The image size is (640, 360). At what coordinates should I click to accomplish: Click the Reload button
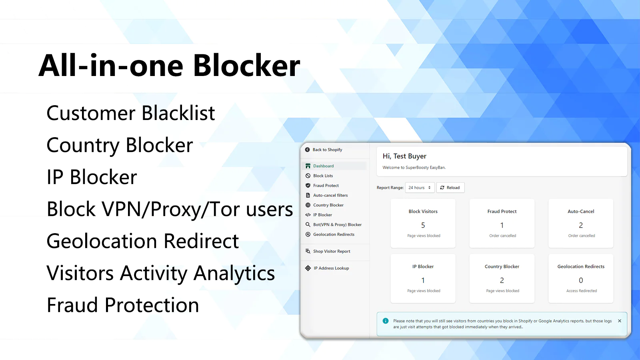pyautogui.click(x=450, y=188)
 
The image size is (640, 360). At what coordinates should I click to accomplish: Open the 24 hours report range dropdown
pyautogui.click(x=420, y=188)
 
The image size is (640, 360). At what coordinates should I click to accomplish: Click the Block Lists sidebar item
pyautogui.click(x=323, y=176)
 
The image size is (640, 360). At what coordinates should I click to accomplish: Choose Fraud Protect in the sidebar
pyautogui.click(x=326, y=186)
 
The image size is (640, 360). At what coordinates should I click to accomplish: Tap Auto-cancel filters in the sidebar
pyautogui.click(x=330, y=195)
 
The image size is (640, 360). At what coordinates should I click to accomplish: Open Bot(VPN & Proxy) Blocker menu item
pyautogui.click(x=337, y=224)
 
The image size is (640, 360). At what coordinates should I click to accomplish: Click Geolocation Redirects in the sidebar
pyautogui.click(x=334, y=234)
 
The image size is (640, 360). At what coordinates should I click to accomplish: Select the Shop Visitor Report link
pyautogui.click(x=332, y=251)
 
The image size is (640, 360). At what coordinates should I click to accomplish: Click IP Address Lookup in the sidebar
pyautogui.click(x=331, y=268)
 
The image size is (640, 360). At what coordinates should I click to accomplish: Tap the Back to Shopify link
pyautogui.click(x=327, y=150)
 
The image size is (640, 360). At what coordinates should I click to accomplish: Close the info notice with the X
pyautogui.click(x=620, y=321)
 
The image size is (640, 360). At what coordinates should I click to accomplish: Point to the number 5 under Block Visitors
pyautogui.click(x=423, y=225)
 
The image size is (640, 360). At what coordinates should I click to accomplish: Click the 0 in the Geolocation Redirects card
pyautogui.click(x=581, y=280)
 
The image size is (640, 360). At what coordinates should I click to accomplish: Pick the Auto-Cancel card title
pyautogui.click(x=581, y=212)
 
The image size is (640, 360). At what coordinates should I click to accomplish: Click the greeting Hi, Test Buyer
pyautogui.click(x=404, y=156)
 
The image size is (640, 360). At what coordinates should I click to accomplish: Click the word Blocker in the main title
pyautogui.click(x=246, y=66)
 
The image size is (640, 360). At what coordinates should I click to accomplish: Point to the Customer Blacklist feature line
pyautogui.click(x=130, y=113)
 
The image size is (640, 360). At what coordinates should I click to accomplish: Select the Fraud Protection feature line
pyautogui.click(x=122, y=305)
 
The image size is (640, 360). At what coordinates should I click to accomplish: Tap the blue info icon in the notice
pyautogui.click(x=386, y=320)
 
